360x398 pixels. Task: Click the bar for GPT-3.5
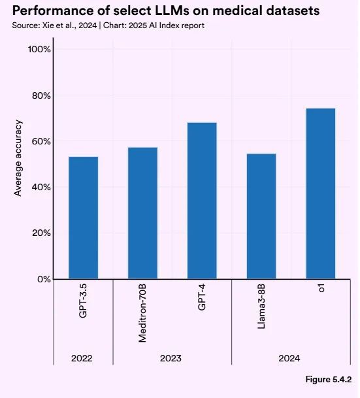point(83,218)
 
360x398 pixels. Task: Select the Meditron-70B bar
point(142,213)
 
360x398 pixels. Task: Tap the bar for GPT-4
point(202,201)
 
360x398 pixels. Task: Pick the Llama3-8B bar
point(261,216)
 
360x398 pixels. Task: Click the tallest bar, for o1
point(321,193)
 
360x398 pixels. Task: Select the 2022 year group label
point(83,358)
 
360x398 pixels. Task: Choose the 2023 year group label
point(172,358)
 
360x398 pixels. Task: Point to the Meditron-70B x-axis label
point(142,313)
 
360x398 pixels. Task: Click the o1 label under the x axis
point(321,288)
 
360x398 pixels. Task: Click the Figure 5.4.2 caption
point(329,380)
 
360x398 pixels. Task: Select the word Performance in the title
point(48,11)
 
